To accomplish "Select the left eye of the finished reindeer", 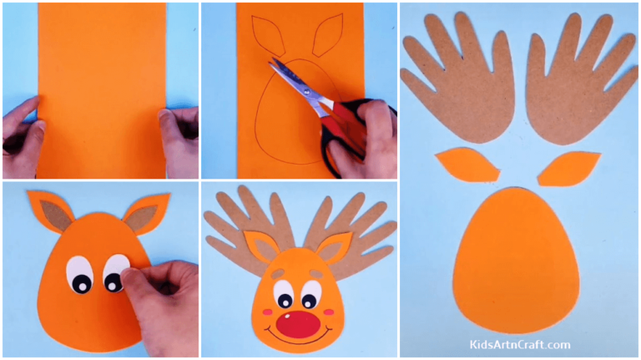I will click(284, 294).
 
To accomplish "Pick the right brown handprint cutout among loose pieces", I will click(577, 84).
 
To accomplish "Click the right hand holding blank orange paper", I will click(179, 134).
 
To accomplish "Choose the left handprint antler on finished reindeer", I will click(242, 226).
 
